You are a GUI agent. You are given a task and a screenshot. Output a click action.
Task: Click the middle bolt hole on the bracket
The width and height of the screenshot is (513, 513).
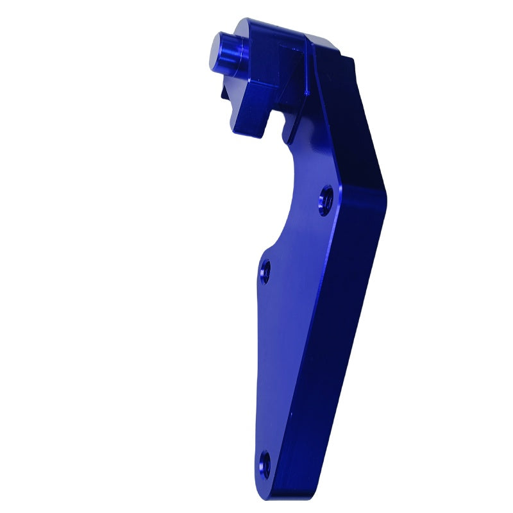pos(265,272)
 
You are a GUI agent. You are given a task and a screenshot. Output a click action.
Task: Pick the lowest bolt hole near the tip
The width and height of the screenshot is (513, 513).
pos(264,462)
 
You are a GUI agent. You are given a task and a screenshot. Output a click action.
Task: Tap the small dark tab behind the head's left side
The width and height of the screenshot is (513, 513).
pos(224,94)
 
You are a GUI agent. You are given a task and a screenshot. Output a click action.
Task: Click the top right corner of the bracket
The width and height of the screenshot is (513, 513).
pos(351,59)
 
